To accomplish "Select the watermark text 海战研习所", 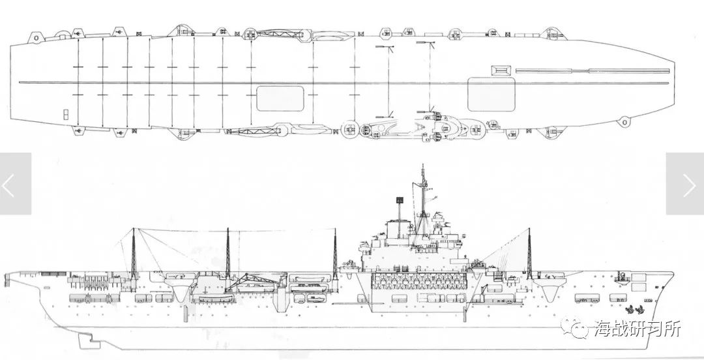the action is pos(638,329).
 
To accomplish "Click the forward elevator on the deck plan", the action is pos(491,95).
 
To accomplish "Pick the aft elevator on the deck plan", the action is pos(280,98).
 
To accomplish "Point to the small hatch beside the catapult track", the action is pos(502,70).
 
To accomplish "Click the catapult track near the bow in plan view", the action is pos(593,70).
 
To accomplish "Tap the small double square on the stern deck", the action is pos(66,114).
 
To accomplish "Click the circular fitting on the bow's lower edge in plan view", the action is pos(624,121).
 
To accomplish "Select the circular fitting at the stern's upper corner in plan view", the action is pos(35,38).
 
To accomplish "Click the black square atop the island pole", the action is pos(399,200).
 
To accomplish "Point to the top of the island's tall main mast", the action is pos(422,166).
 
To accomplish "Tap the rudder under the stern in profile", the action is pos(89,340).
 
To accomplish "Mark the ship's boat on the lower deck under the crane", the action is pos(216,299).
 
